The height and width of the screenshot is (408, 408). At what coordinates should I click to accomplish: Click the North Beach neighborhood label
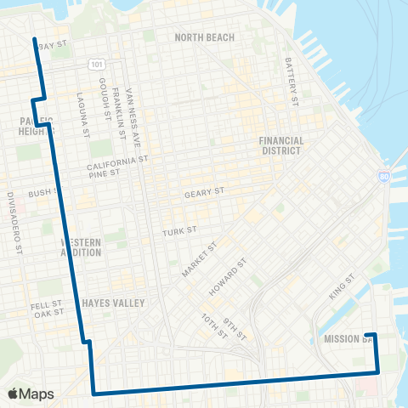[204, 37]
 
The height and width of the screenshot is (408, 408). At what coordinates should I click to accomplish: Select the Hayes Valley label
[114, 303]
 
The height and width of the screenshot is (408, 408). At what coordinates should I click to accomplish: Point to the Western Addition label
[82, 247]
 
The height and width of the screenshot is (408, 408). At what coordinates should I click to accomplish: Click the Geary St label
[204, 194]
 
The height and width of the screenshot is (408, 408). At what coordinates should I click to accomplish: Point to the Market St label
[199, 259]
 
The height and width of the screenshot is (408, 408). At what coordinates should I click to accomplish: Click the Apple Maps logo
[31, 394]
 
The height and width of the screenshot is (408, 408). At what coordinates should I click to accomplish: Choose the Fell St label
[49, 303]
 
